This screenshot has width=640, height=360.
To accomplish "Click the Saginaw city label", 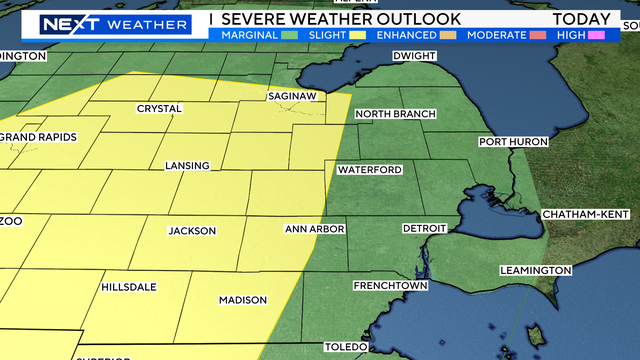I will coord(292,96).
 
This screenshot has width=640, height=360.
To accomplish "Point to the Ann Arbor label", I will coord(315,229).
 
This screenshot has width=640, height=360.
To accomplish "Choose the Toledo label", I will coord(346,347).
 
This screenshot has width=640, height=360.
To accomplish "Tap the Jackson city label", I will coord(192,231).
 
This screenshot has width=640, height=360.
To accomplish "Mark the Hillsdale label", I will coord(129,287).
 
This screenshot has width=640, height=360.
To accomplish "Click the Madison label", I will coord(243,300).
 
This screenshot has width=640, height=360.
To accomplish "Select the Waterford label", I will coord(369,170).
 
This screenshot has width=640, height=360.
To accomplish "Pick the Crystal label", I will coord(159,109).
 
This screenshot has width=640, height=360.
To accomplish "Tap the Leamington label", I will coord(536,271).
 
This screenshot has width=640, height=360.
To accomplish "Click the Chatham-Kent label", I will coord(583,215).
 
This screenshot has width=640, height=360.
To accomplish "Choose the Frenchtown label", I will coord(390,286).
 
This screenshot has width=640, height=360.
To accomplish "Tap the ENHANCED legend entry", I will coord(408,35).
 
